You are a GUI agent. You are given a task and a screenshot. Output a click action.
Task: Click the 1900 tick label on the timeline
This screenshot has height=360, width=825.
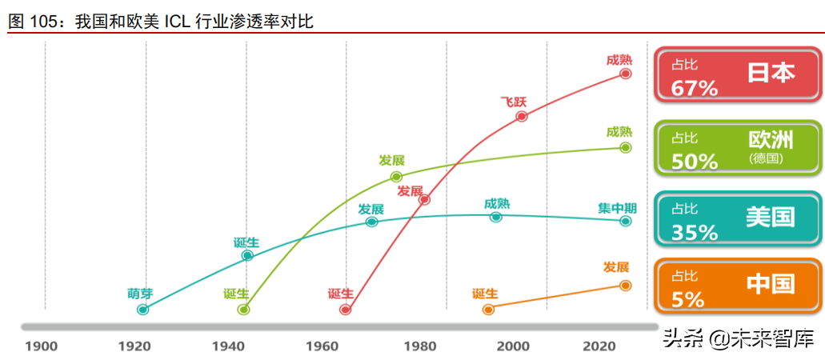click(41, 346)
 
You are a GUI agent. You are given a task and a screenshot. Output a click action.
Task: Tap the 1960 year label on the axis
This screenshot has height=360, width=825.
click(322, 346)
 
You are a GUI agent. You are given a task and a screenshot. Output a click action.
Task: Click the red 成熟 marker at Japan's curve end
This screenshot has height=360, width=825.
click(626, 74)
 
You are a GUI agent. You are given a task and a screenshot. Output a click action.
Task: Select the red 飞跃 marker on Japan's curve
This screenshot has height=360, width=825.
click(522, 116)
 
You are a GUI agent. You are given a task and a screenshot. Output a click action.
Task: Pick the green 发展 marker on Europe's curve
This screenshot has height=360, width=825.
click(396, 176)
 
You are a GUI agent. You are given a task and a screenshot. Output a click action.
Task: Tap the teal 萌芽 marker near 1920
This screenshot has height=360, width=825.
click(143, 309)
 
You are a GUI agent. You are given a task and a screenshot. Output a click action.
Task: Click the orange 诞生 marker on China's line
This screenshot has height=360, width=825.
click(488, 308)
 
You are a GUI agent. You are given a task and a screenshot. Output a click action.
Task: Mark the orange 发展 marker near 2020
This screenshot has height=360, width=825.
click(625, 285)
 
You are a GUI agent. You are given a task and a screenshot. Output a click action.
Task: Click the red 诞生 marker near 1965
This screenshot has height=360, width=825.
click(346, 309)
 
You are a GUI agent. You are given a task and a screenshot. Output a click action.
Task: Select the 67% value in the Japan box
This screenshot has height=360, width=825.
click(695, 88)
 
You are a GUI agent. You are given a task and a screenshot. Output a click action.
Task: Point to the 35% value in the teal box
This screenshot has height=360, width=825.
click(695, 232)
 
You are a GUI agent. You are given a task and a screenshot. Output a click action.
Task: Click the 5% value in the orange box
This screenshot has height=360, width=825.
click(687, 299)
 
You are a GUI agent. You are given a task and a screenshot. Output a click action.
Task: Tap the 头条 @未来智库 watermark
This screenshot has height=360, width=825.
click(736, 339)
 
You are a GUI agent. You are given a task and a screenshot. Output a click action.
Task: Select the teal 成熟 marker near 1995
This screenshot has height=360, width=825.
click(496, 217)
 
